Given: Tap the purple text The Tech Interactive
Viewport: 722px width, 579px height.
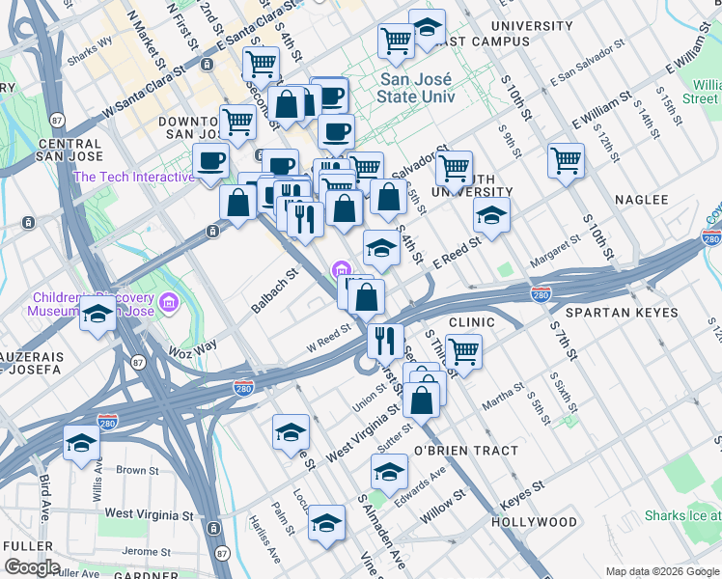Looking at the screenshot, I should (133, 177).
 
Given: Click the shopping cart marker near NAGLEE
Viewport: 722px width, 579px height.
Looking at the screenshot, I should (566, 160).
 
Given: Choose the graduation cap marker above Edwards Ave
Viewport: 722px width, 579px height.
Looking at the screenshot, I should (389, 472).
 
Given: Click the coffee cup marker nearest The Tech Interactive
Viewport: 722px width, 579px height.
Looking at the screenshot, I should (210, 160).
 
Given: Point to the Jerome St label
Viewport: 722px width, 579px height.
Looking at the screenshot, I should (146, 551).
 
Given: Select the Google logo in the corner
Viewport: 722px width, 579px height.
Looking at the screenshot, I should (31, 567).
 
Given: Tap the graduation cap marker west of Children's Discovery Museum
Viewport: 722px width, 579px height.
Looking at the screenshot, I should (98, 317).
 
